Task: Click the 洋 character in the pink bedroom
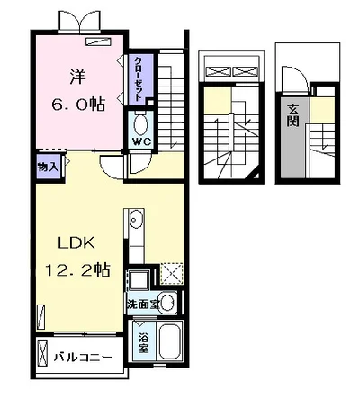coord(77,77)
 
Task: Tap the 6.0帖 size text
coord(78,105)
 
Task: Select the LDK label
coord(76,242)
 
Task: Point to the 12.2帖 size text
coord(77,269)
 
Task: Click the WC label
coord(141,141)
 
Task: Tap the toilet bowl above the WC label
coord(140,124)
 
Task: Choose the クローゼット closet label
coord(139,78)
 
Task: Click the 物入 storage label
coord(48,168)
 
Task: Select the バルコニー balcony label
coord(83,358)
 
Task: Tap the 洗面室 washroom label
coord(142,305)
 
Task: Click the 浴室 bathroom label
coord(143,343)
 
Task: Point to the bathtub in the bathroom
coord(170,341)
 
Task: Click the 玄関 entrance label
coord(292,115)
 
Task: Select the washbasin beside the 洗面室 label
coord(167,303)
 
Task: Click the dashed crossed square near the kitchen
coord(172,274)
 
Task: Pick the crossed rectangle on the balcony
coord(42,353)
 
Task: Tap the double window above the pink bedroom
coord(80,21)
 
